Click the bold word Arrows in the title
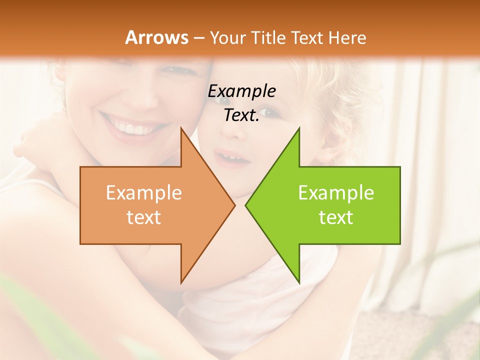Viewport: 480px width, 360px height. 157,37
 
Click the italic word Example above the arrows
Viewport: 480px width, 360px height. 241,91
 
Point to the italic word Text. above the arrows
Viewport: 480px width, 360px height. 241,115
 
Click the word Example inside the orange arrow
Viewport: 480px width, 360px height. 144,192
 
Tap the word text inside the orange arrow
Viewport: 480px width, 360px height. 144,217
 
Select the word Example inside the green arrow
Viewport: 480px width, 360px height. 336,192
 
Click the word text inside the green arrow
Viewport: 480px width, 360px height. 336,217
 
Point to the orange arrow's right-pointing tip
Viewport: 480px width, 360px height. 234,205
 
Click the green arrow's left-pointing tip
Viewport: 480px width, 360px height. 246,205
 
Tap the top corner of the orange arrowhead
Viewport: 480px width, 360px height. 181,129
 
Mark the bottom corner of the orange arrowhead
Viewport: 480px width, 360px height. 181,282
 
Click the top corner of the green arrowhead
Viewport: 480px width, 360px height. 299,129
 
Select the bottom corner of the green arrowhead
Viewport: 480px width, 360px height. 299,282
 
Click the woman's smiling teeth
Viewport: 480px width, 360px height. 131,128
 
